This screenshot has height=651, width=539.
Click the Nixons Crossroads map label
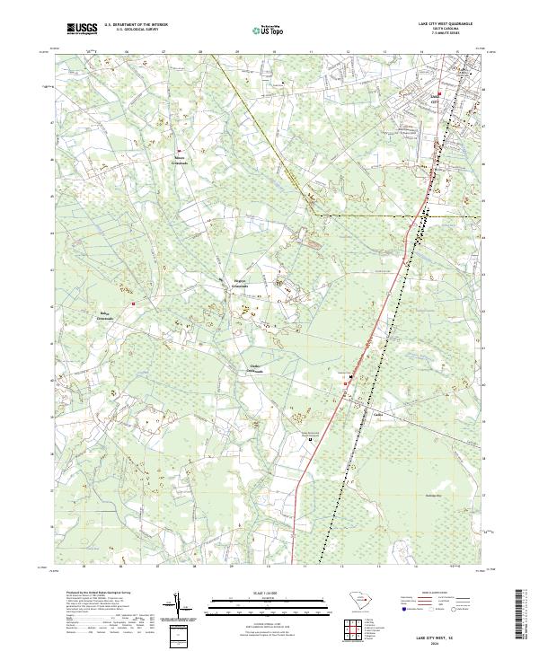(x=181, y=161)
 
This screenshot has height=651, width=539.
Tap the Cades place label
(x=378, y=415)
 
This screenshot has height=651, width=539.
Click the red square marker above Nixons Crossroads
(x=179, y=151)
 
